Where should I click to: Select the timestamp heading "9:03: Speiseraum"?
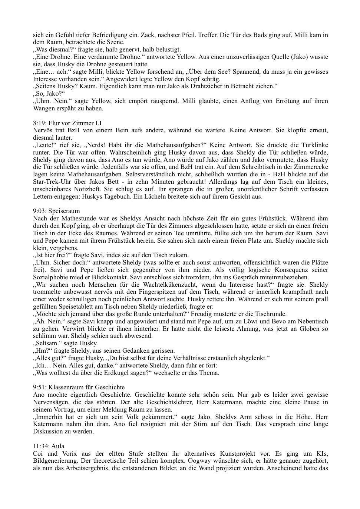click(56, 211)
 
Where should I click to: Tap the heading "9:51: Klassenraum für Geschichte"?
click(79, 387)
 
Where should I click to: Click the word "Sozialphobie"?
click(50, 277)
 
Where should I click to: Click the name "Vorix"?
click(66, 454)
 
